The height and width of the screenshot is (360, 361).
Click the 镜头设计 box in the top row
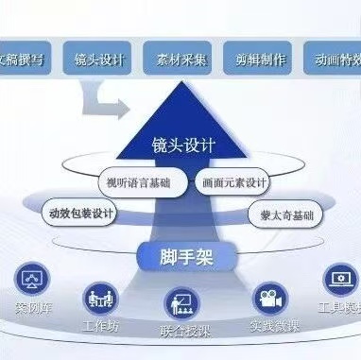tap(100, 59)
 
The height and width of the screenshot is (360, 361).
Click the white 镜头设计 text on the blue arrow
tap(183, 146)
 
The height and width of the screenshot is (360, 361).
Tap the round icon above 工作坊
tap(99, 298)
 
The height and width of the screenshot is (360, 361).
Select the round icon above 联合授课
tap(181, 304)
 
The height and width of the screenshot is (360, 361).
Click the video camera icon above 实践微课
tap(268, 299)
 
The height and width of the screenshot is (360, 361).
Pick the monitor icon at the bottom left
tap(31, 280)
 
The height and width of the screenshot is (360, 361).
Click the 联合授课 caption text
tap(181, 333)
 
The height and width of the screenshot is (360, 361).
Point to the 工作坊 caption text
tap(100, 326)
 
